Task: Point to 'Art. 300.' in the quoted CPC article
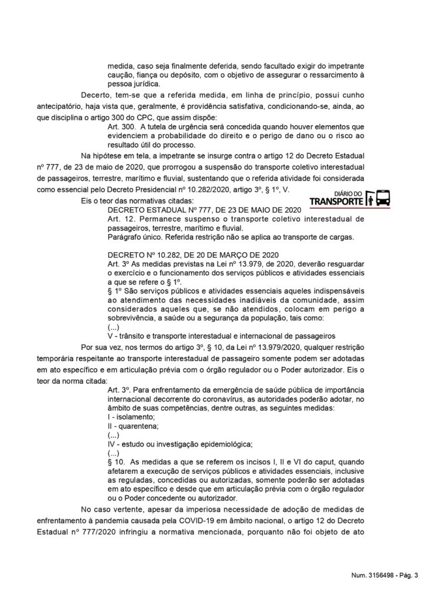click(x=122, y=127)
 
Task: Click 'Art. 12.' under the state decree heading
click(x=121, y=219)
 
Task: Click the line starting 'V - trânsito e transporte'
click(x=221, y=336)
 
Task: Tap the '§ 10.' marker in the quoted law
click(x=118, y=462)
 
